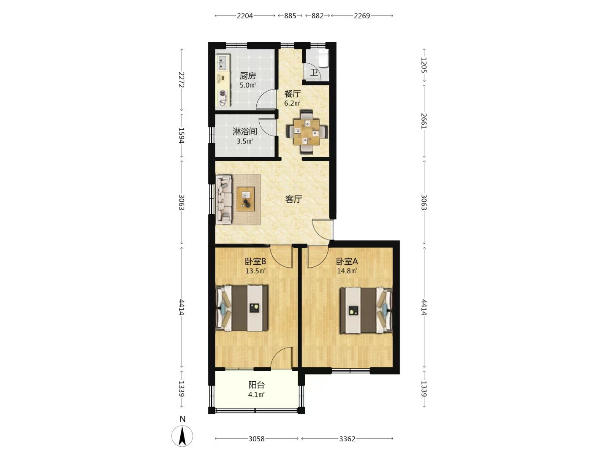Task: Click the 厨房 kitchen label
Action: click(247, 76)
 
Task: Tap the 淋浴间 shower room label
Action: click(244, 131)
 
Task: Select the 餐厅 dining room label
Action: click(292, 94)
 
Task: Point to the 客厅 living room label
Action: click(293, 199)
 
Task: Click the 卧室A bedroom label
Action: click(347, 261)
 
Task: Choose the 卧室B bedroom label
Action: click(255, 261)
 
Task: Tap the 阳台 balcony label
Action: click(256, 385)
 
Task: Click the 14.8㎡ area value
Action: click(347, 271)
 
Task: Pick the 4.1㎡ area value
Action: click(256, 394)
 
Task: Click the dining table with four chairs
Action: click(307, 132)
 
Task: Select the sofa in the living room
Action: click(224, 199)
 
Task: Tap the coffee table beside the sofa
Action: click(245, 199)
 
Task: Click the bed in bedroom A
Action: click(366, 310)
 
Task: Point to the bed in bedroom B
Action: click(242, 308)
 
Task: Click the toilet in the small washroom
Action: click(323, 58)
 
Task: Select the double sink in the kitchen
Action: click(223, 63)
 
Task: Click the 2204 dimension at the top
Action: click(245, 16)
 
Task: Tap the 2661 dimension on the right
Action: click(424, 121)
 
